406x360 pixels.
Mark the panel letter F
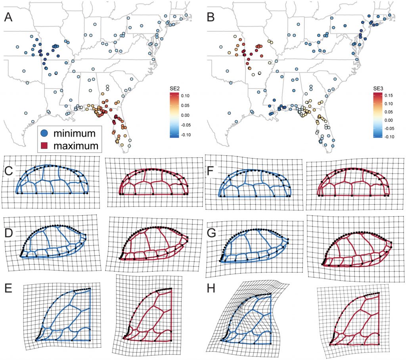click(211, 172)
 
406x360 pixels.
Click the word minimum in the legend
click(75, 132)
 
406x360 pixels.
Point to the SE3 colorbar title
click(379, 88)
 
